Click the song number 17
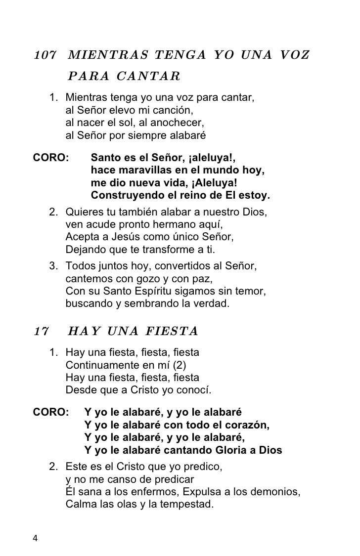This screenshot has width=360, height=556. (40, 331)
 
